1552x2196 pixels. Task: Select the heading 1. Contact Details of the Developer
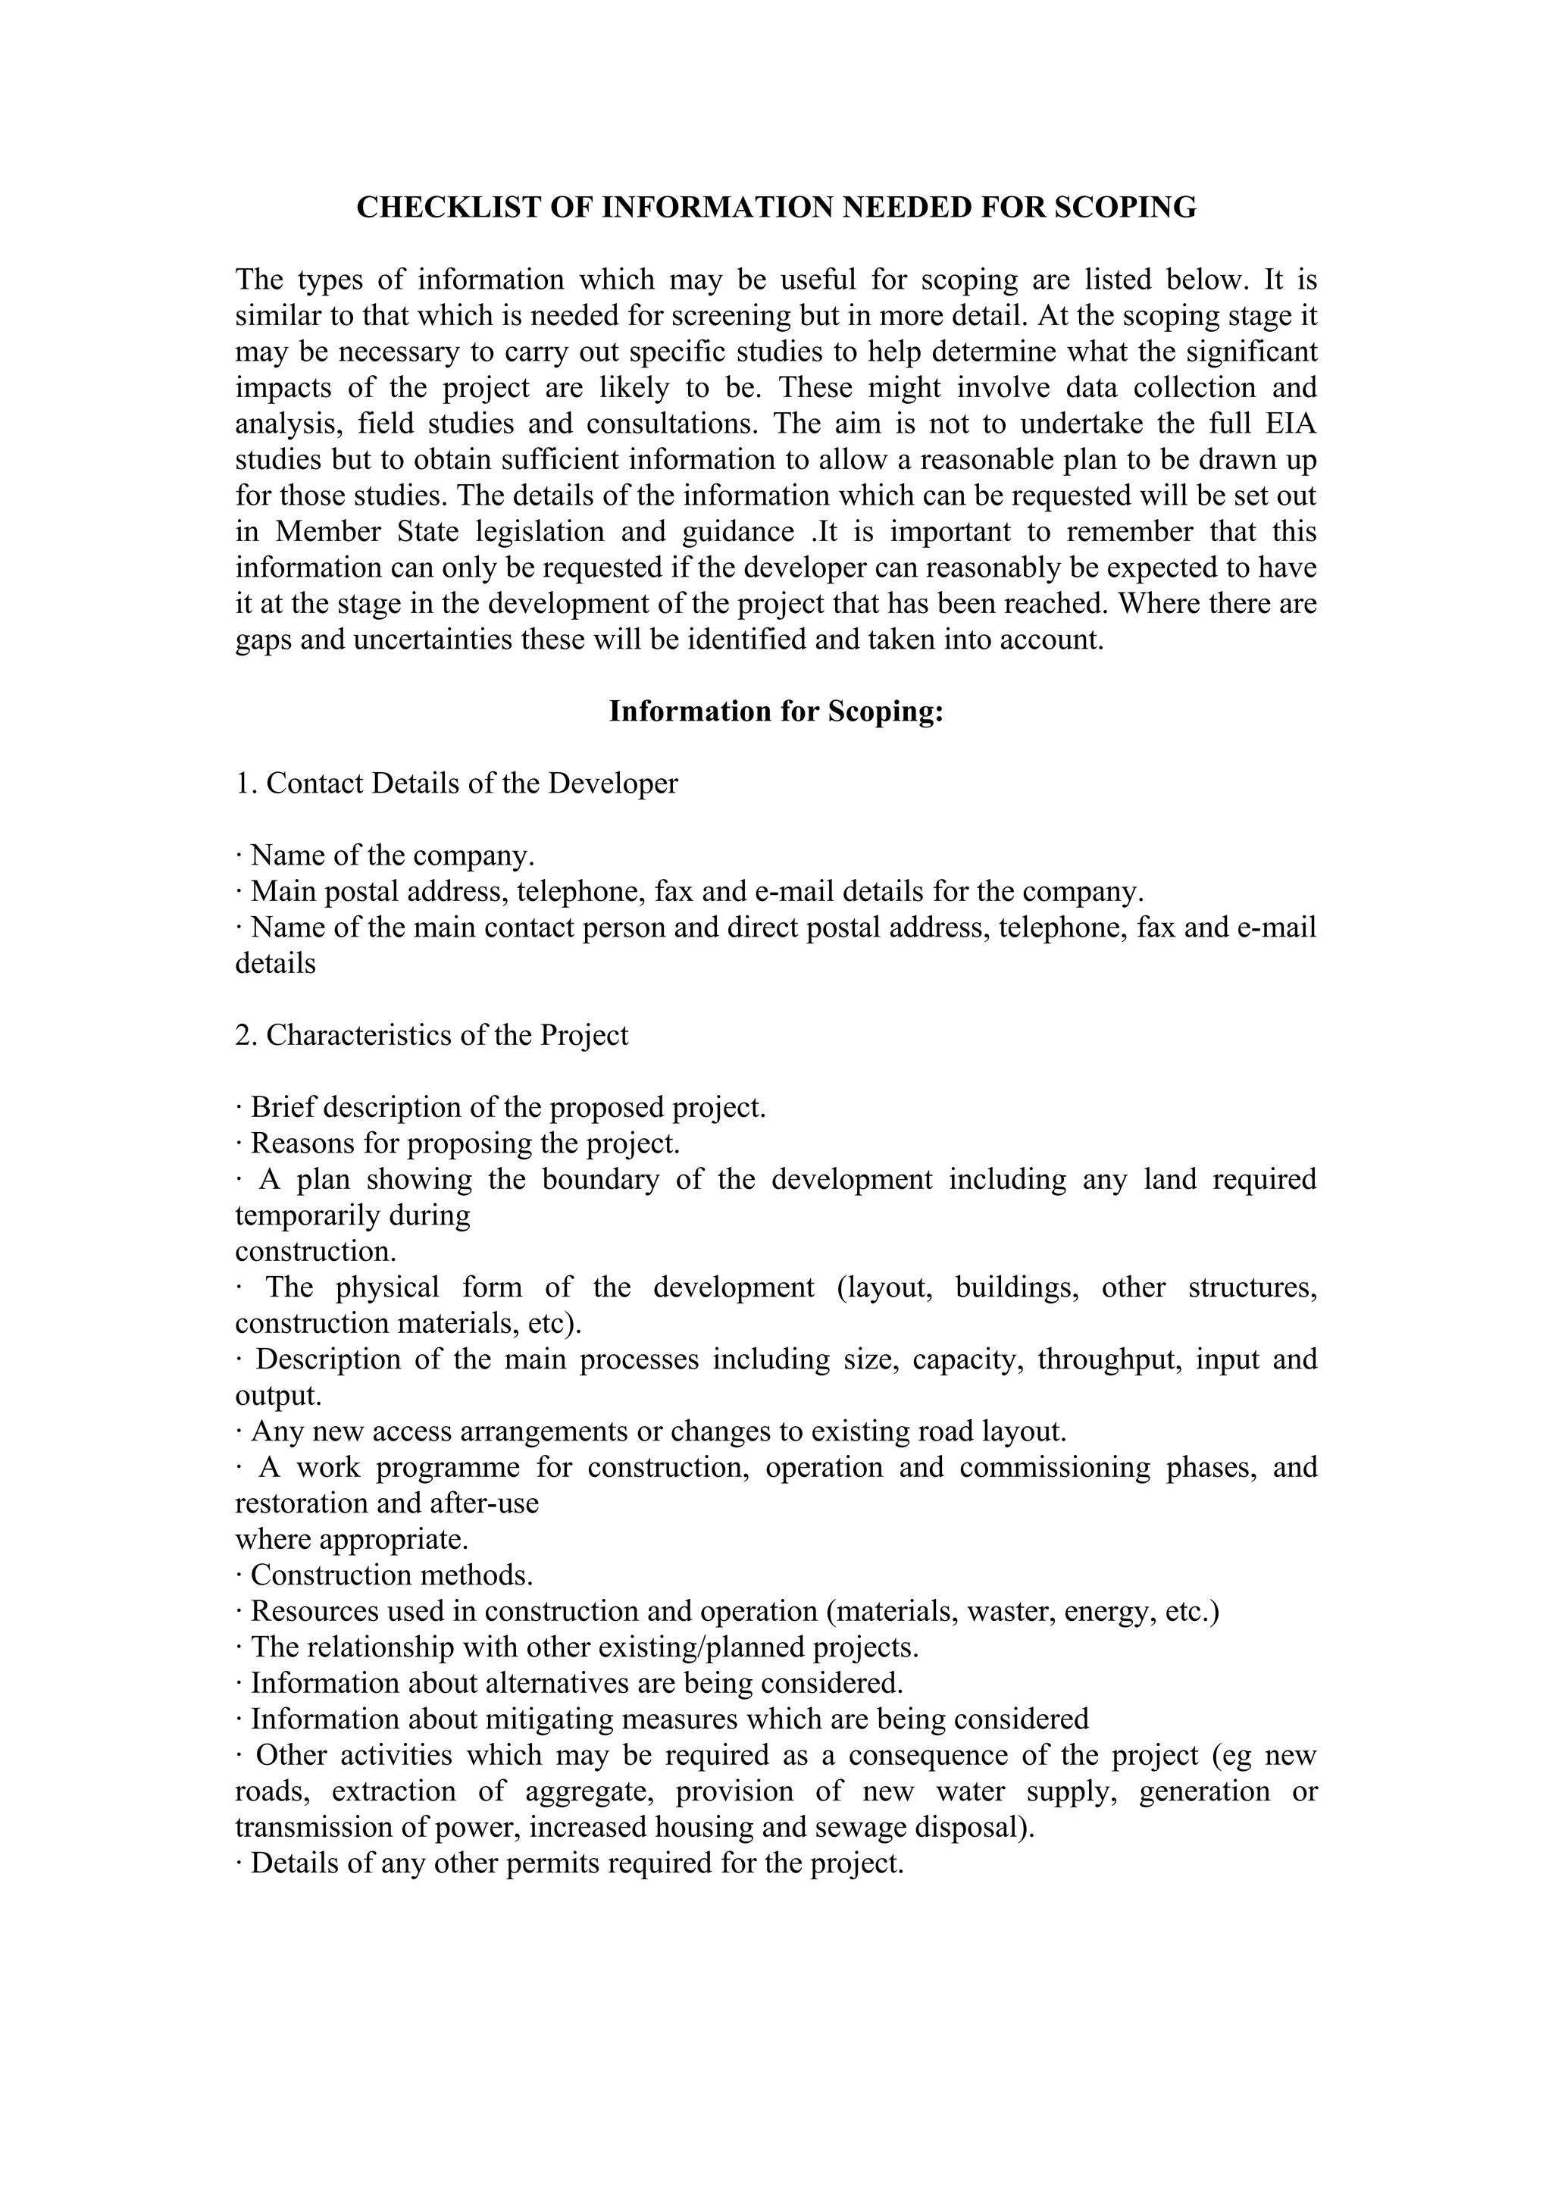point(456,784)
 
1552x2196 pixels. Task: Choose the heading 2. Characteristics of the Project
point(431,1035)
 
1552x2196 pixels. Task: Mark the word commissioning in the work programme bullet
point(1055,1467)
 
